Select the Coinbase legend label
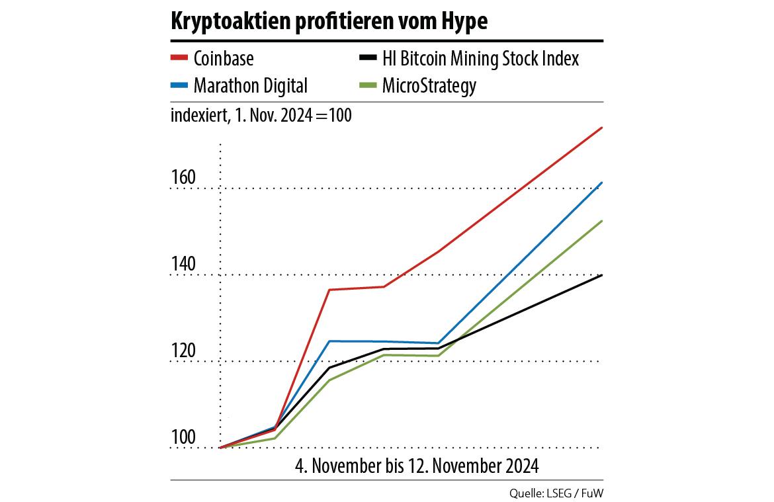[x=224, y=58]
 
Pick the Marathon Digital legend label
[x=251, y=85]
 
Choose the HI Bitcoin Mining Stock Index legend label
[x=480, y=58]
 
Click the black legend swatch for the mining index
[x=368, y=58]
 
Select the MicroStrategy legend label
[x=429, y=85]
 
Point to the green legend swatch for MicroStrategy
[x=368, y=85]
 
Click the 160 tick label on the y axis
[x=183, y=178]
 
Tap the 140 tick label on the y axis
[x=183, y=265]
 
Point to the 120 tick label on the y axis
[x=183, y=351]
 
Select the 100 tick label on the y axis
[x=183, y=438]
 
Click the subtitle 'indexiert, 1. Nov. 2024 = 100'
[x=261, y=115]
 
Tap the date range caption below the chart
[x=417, y=466]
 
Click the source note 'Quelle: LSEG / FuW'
[x=556, y=493]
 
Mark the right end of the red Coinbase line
[x=601, y=128]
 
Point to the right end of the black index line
[x=601, y=274]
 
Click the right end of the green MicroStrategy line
[x=601, y=221]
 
